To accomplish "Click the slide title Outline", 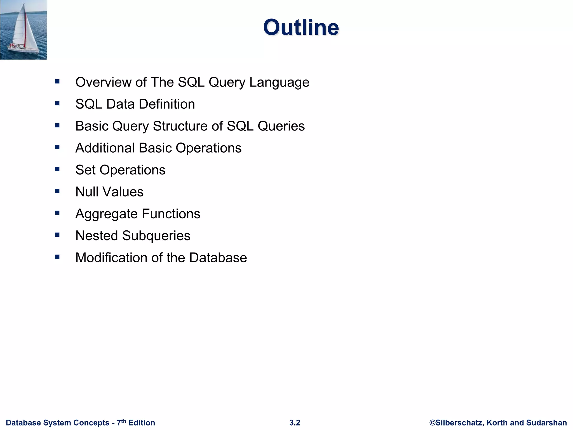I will click(301, 27).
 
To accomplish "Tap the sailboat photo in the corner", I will click(24, 30).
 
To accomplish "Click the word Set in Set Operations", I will click(85, 170).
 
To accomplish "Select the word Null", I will click(87, 192).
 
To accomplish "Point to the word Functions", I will click(171, 214).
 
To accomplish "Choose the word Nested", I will click(97, 236).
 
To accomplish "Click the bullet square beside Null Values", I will click(57, 191).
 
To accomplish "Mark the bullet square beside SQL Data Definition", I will click(57, 104).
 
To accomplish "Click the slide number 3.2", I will click(295, 423).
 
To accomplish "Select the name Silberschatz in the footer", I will click(459, 423).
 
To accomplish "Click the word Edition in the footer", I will click(142, 423).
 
